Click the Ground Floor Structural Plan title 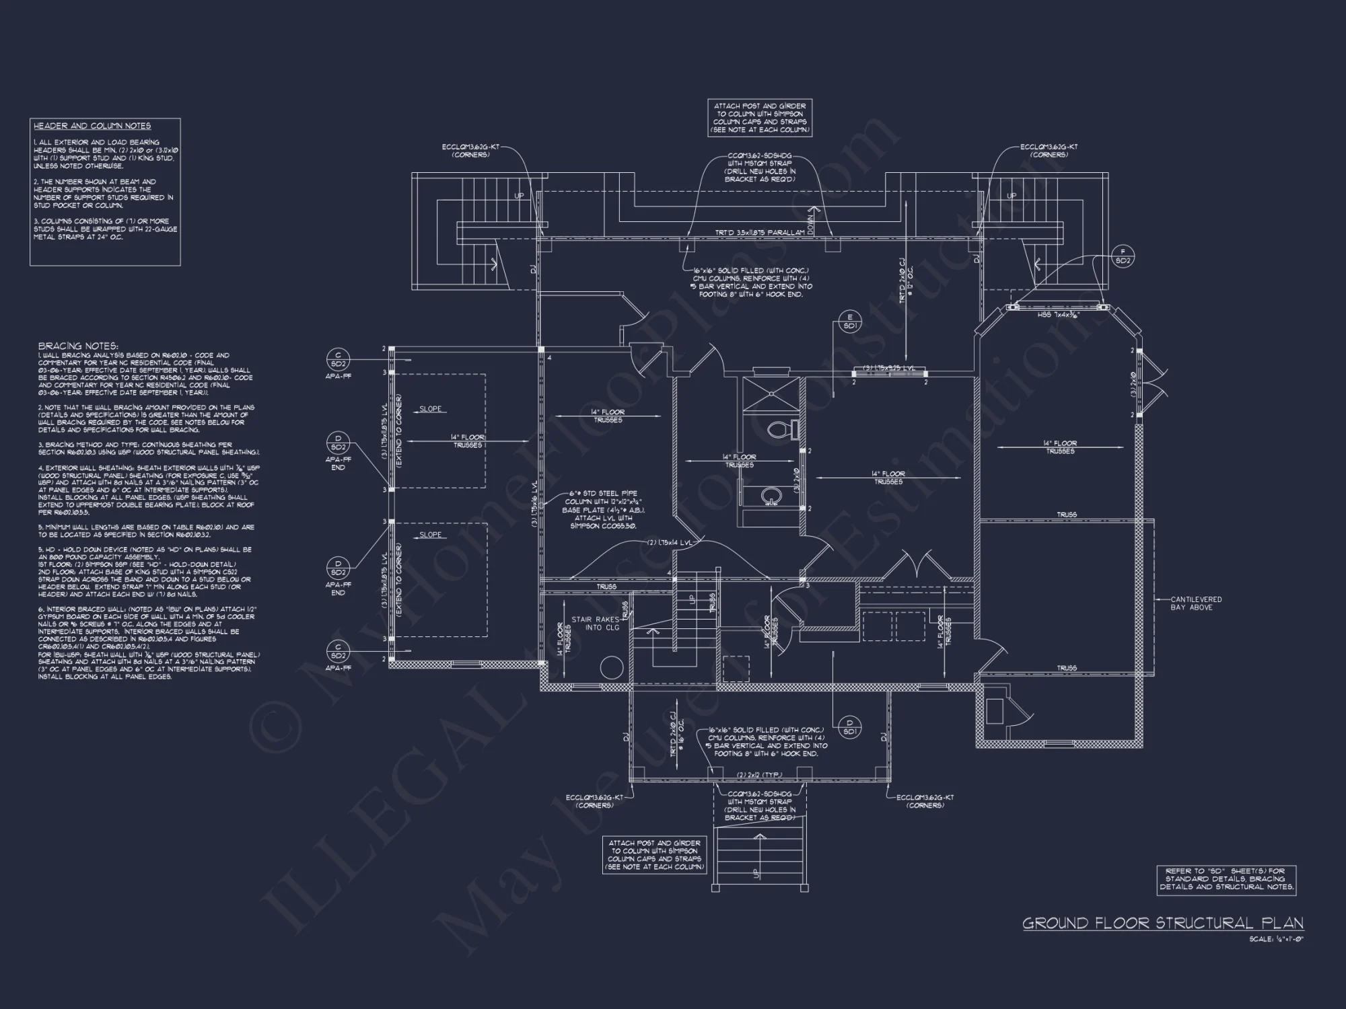pos(1162,923)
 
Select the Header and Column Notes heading pos(92,126)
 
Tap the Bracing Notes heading pos(78,346)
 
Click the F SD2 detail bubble pos(1123,256)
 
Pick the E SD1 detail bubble pos(849,322)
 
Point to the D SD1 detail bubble pos(849,726)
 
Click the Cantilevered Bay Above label pos(1196,603)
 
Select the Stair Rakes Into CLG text pos(596,624)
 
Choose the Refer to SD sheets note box pos(1226,879)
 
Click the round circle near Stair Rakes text pos(611,668)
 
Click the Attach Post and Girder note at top pos(760,118)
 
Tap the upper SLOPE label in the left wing pos(431,409)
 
